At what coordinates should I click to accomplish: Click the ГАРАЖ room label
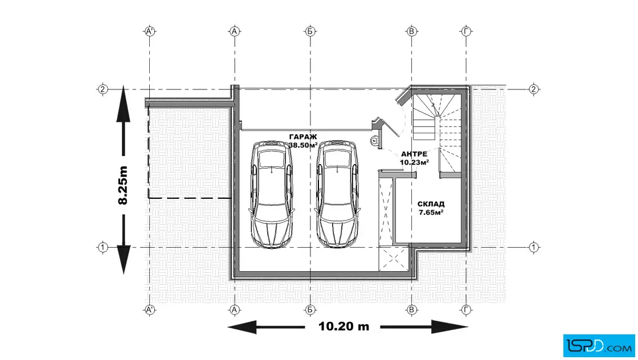point(302,137)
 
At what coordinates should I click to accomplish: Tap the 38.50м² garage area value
point(303,145)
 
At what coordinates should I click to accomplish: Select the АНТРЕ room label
point(414,154)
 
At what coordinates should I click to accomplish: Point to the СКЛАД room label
point(431,204)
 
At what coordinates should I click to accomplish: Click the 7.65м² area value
point(431,212)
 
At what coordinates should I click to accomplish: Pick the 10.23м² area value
point(414,162)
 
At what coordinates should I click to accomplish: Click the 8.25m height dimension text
point(123,185)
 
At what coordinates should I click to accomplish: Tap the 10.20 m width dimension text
point(344,326)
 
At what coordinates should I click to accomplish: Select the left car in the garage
point(271,194)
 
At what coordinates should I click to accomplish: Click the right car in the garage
point(338,194)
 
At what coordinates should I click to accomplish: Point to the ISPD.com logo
point(599,346)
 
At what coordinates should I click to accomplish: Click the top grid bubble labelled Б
point(310,31)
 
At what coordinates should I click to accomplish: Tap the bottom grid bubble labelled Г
point(467,310)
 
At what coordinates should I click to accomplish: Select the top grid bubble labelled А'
point(150,31)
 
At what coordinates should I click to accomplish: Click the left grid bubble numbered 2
point(103,89)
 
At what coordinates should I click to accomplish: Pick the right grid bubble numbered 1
point(534,247)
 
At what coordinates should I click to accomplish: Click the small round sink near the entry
point(374,141)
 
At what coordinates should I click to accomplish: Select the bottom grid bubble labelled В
point(412,310)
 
